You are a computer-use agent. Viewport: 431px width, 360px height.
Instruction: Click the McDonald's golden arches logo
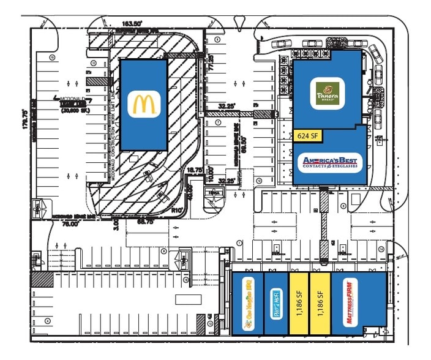pos(145,103)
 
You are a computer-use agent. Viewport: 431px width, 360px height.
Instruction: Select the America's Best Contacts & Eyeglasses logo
pos(330,163)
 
